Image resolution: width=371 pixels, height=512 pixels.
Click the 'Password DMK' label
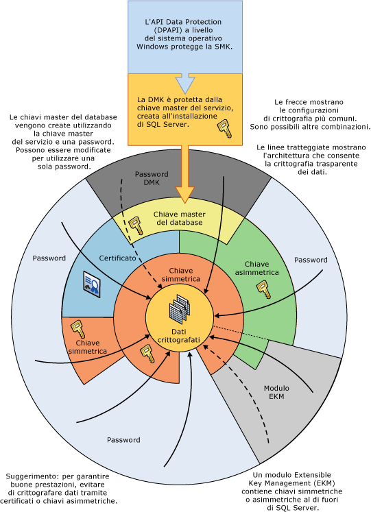point(152,178)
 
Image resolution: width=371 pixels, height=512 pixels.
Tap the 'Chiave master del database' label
point(179,219)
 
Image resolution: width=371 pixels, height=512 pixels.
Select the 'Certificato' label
point(117,258)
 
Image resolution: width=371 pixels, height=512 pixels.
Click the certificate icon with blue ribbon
point(92,284)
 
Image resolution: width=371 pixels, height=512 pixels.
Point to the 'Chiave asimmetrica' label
point(256,268)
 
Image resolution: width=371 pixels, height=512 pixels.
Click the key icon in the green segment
point(264,290)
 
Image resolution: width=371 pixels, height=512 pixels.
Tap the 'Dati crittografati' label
point(178,336)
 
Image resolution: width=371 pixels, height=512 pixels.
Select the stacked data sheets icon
point(180,308)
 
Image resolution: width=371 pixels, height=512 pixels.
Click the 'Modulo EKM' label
point(276,392)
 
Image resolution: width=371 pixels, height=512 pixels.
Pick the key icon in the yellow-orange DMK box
point(225,128)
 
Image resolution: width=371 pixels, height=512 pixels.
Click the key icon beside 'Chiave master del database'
point(136,225)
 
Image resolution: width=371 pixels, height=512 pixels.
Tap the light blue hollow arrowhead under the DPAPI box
point(185,84)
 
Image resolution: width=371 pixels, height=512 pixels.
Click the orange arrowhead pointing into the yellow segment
point(185,195)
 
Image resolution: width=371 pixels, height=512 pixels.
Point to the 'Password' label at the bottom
point(123,440)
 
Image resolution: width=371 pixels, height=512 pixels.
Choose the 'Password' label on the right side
point(311,260)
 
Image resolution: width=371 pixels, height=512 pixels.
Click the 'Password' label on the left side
point(49,258)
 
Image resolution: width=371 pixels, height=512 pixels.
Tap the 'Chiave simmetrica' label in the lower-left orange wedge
point(88,347)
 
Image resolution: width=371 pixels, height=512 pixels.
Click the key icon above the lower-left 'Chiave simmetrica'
point(78,329)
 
